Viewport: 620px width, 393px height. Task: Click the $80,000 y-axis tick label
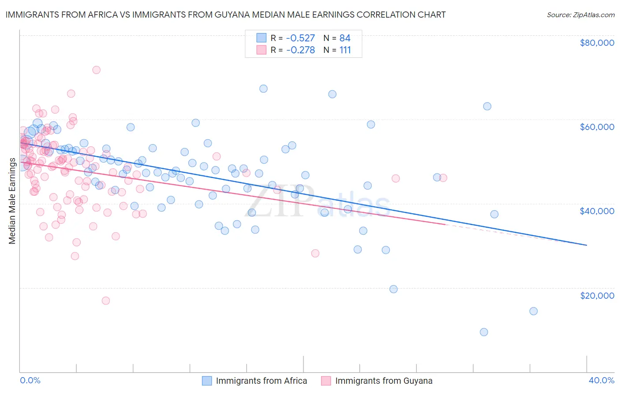click(x=597, y=43)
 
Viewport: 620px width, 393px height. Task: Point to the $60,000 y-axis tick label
click(x=597, y=127)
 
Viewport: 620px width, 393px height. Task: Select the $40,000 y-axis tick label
click(x=597, y=211)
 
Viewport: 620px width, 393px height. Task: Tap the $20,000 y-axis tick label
click(x=597, y=295)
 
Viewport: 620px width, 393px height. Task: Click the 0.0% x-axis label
click(x=30, y=380)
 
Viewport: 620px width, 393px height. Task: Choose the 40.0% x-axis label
click(x=601, y=380)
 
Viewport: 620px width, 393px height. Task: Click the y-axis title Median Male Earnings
click(x=12, y=201)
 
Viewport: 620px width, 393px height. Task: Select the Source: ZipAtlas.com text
click(x=580, y=15)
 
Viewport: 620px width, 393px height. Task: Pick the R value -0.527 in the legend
click(x=300, y=38)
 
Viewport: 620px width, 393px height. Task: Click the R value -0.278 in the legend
click(x=300, y=50)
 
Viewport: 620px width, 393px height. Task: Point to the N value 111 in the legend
click(x=345, y=50)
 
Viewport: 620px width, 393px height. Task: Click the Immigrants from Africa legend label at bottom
click(x=261, y=381)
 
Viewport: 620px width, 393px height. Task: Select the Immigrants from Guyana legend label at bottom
click(x=384, y=381)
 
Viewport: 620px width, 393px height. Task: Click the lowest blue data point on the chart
click(x=484, y=332)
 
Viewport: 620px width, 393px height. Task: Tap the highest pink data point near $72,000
click(x=96, y=70)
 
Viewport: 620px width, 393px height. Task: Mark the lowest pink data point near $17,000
click(x=106, y=300)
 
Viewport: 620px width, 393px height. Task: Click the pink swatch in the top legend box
click(x=261, y=50)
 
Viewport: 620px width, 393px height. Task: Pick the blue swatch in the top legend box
click(x=261, y=38)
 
